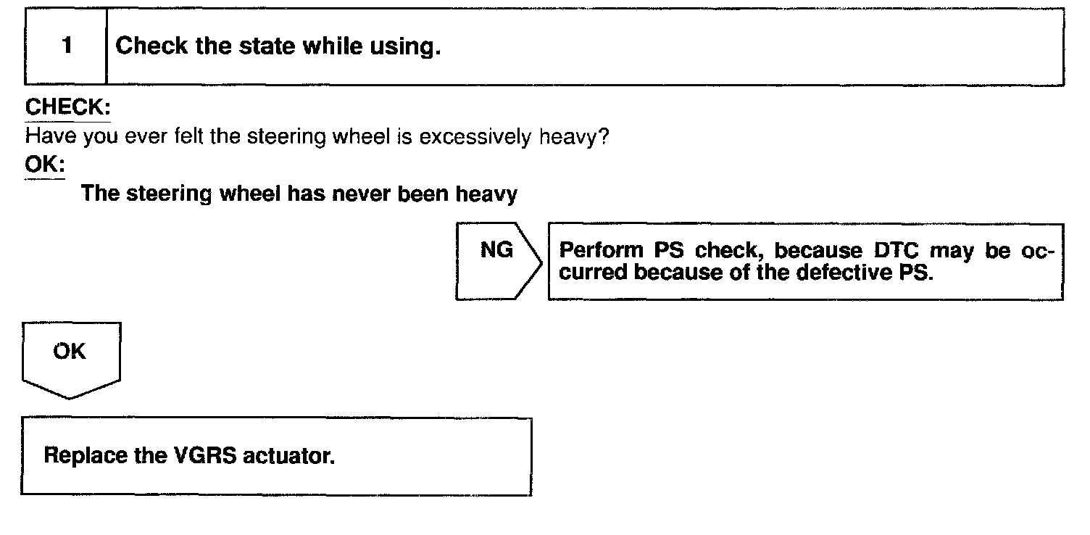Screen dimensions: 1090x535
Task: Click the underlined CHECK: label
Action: click(x=67, y=108)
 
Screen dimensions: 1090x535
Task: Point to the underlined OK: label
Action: click(x=44, y=165)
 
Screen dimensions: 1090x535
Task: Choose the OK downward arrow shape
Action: click(x=70, y=359)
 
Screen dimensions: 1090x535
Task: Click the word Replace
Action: click(x=84, y=457)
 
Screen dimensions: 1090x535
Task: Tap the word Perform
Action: click(x=602, y=250)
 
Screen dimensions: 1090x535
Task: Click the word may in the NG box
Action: click(x=950, y=252)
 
